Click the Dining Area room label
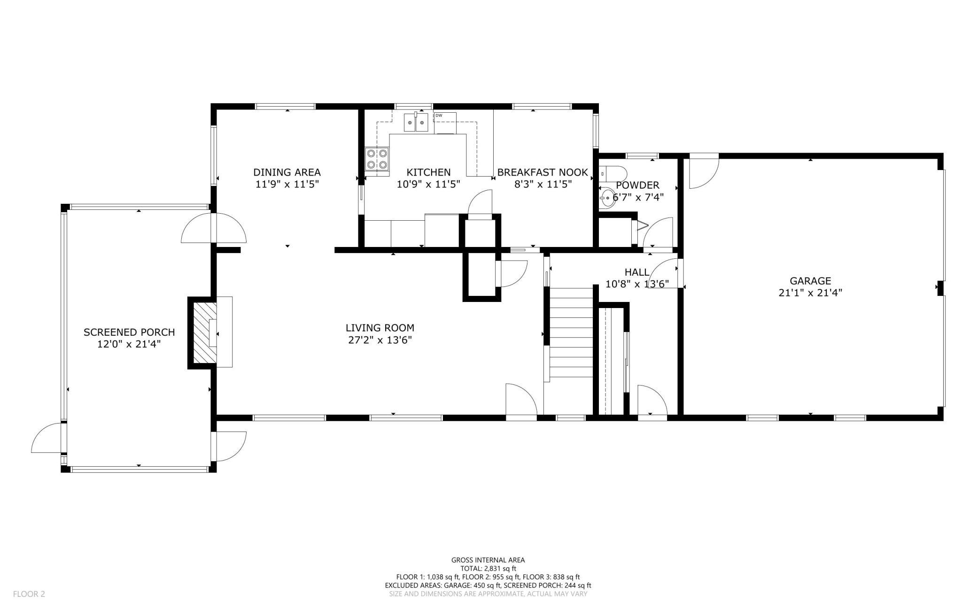287,172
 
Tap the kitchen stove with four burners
377,159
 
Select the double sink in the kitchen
416,123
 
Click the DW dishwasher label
439,116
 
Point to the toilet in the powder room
613,173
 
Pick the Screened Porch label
129,332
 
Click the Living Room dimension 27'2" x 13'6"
380,340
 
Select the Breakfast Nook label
543,172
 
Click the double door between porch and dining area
214,228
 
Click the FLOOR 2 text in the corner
29,594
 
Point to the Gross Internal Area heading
488,560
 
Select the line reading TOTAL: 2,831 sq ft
488,568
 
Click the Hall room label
637,272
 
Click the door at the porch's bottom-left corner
47,438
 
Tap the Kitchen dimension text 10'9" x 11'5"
428,184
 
